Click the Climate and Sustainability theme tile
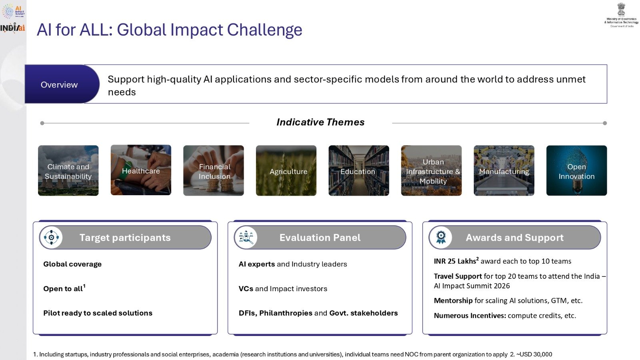[x=68, y=171]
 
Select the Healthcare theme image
[x=141, y=170]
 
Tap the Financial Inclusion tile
[x=213, y=171]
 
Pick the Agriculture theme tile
[x=286, y=171]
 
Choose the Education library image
[x=358, y=171]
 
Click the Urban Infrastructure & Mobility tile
[x=431, y=171]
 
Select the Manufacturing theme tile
[x=504, y=171]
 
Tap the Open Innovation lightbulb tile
[x=576, y=171]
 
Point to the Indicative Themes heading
[x=320, y=122]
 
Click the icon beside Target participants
[x=51, y=237]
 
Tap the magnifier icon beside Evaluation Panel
[x=246, y=237]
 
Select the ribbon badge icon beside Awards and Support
[x=440, y=237]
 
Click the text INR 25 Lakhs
[x=455, y=261]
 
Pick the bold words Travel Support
[x=458, y=276]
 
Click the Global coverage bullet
[x=72, y=264]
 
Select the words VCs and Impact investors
[x=283, y=288]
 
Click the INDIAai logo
[x=12, y=28]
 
